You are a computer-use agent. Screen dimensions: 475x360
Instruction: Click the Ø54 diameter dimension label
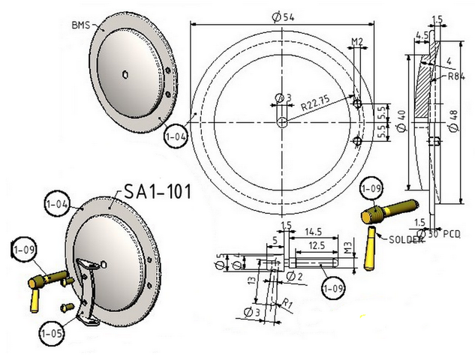(283, 17)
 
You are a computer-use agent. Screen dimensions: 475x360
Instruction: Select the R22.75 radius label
(314, 103)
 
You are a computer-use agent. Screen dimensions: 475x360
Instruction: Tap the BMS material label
(81, 25)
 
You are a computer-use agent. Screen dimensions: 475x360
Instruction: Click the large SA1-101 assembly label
(158, 191)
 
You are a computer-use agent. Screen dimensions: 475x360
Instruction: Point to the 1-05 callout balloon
(52, 333)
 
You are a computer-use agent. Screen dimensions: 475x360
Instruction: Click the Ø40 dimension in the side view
(401, 121)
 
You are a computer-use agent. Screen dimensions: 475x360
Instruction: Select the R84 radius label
(456, 76)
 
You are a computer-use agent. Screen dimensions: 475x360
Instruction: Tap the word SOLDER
(406, 239)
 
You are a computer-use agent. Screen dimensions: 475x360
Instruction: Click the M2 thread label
(357, 41)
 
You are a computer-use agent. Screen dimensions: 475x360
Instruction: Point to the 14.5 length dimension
(313, 232)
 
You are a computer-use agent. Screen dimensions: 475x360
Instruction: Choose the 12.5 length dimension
(317, 245)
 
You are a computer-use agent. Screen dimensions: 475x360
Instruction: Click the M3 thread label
(348, 247)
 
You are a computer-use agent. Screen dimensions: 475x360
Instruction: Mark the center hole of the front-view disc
(282, 122)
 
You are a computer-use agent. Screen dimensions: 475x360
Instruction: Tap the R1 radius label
(287, 304)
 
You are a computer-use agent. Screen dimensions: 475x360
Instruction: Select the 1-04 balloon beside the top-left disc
(176, 136)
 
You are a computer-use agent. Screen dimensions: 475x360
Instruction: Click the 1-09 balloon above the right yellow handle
(371, 189)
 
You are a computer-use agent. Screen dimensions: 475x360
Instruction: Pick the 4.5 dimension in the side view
(422, 35)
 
